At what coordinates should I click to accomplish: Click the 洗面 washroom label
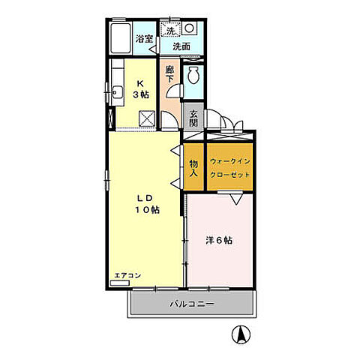(181, 46)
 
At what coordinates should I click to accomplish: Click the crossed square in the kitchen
(147, 118)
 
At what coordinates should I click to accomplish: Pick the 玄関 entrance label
(193, 118)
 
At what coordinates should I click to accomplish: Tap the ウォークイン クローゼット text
(230, 166)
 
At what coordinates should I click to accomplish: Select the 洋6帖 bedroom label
(219, 241)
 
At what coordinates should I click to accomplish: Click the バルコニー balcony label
(191, 304)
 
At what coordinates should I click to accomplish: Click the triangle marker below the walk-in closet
(235, 198)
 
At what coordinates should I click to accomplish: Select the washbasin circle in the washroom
(189, 29)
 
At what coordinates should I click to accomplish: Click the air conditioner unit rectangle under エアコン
(121, 283)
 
